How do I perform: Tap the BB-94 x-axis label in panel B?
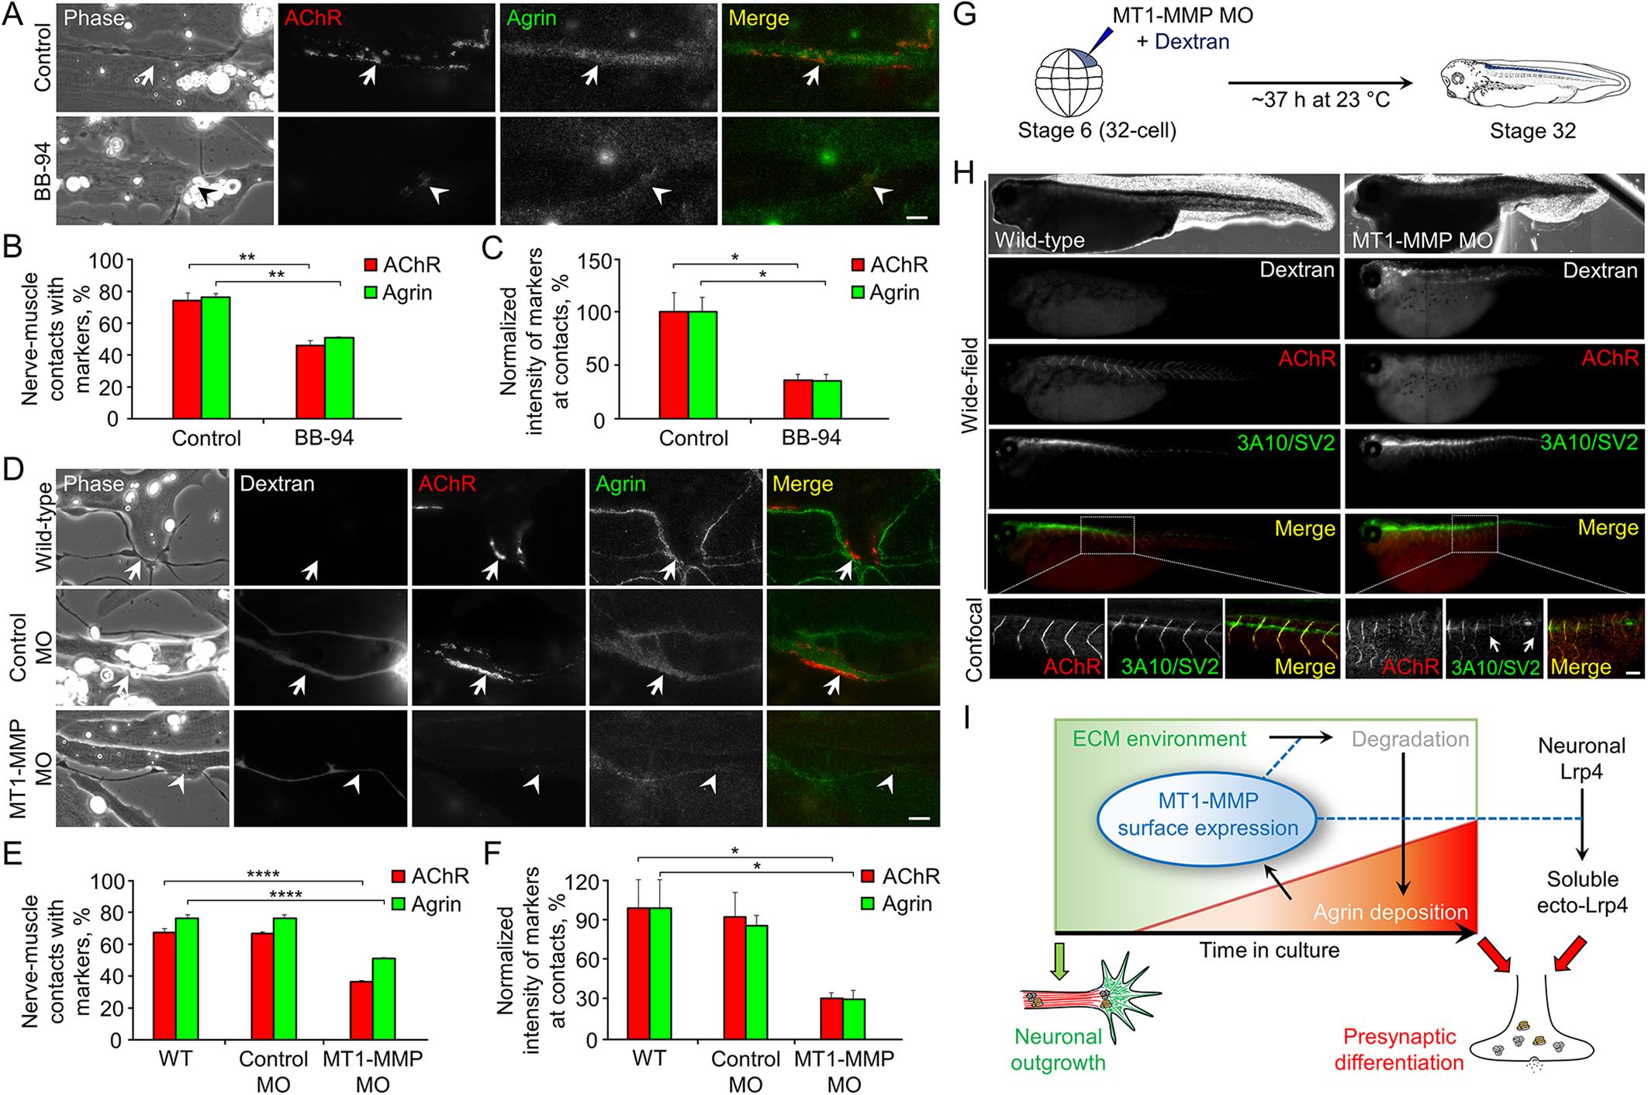pos(324,438)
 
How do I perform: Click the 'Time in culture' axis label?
pos(1270,949)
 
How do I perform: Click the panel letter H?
pos(963,171)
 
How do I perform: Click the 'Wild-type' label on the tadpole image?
pos(1040,240)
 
